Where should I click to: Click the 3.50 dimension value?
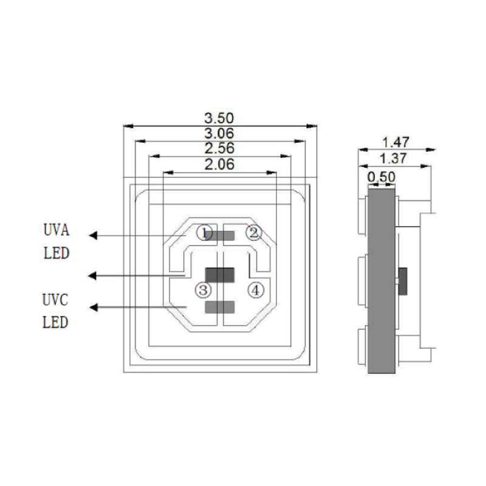pyautogui.click(x=220, y=118)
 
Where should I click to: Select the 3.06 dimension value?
pyautogui.click(x=220, y=133)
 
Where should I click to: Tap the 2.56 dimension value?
pyautogui.click(x=220, y=148)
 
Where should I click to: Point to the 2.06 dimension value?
pyautogui.click(x=220, y=164)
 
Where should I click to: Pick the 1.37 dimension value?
pyautogui.click(x=395, y=159)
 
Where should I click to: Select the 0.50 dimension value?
pyautogui.click(x=382, y=176)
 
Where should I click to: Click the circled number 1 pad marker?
pyautogui.click(x=205, y=233)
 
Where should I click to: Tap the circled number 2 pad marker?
pyautogui.click(x=253, y=232)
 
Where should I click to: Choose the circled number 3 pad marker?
pyautogui.click(x=202, y=290)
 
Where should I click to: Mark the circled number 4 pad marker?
pyautogui.click(x=256, y=290)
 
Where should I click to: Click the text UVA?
pyautogui.click(x=56, y=231)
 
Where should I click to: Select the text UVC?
pyautogui.click(x=56, y=299)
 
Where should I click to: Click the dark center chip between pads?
pyautogui.click(x=220, y=275)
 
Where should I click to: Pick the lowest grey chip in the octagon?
pyautogui.click(x=220, y=308)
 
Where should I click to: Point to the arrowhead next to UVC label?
pyautogui.click(x=93, y=307)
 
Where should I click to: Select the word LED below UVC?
pyautogui.click(x=56, y=322)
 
